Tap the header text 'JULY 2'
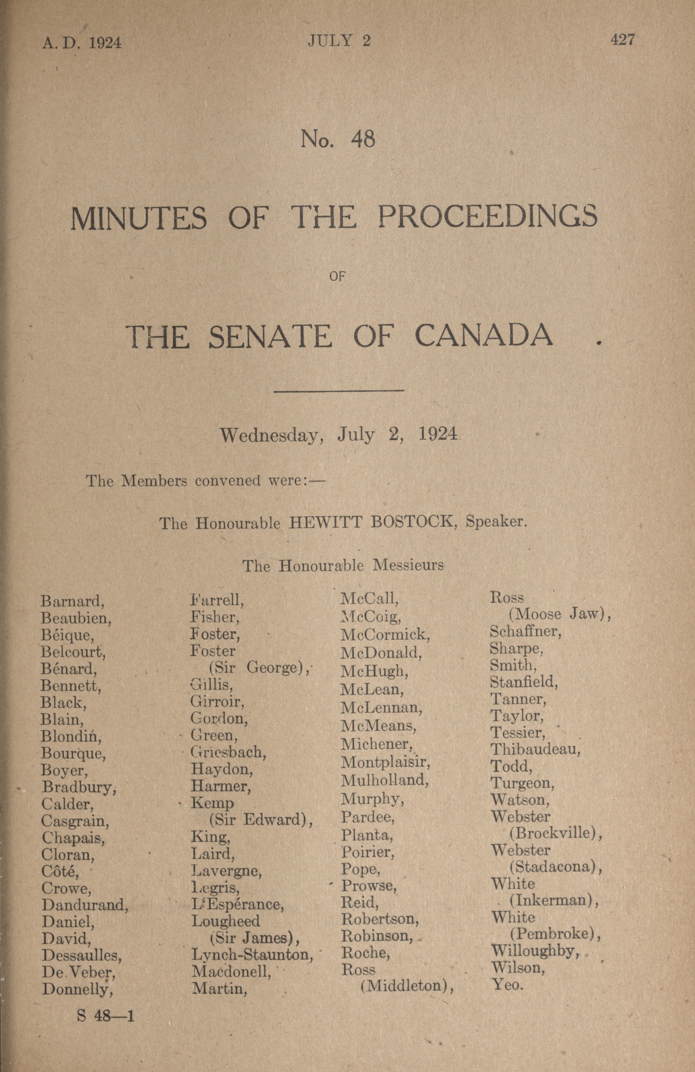click(339, 41)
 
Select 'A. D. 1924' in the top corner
click(82, 43)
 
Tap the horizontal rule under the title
click(338, 391)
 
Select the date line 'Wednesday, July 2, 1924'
click(338, 435)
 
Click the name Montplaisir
click(385, 762)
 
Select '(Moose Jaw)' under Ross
click(560, 614)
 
